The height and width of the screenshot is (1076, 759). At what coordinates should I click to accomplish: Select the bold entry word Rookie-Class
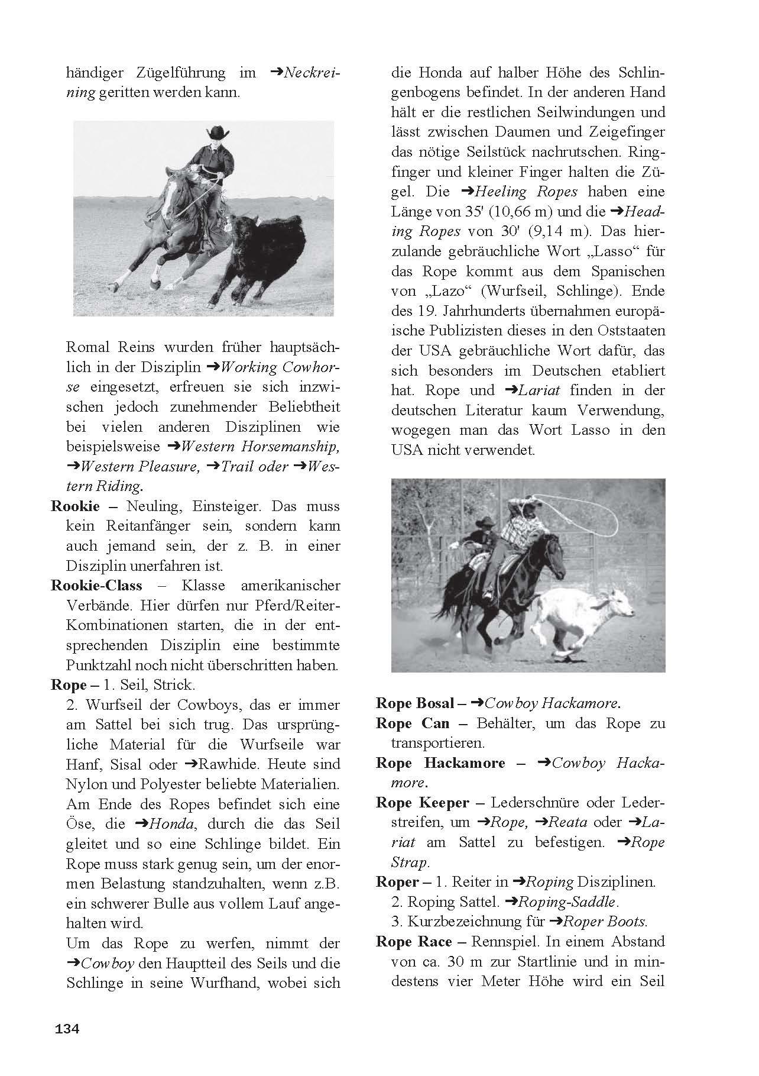click(97, 586)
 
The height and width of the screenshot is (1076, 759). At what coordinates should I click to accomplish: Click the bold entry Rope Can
click(413, 723)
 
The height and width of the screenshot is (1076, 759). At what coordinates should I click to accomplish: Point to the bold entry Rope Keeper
click(422, 803)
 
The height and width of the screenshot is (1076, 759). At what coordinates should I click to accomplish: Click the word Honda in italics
click(171, 823)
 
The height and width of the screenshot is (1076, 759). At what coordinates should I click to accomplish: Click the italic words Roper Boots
click(604, 922)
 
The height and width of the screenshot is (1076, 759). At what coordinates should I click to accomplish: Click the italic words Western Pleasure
click(138, 466)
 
